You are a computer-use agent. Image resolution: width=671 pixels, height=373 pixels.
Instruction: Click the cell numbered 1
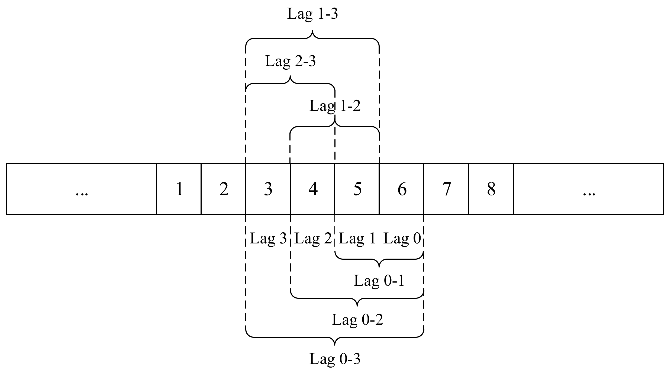tap(179, 189)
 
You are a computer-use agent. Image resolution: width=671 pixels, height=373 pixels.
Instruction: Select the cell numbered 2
tap(223, 189)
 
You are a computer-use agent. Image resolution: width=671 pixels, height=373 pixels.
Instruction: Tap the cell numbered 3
tap(268, 189)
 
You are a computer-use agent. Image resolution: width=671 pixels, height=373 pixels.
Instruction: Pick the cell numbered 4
tap(312, 189)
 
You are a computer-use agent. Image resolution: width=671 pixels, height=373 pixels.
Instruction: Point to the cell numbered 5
tap(357, 189)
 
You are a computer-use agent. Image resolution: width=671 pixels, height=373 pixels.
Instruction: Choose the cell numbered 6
tap(402, 189)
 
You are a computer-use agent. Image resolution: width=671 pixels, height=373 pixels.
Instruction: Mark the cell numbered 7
tap(446, 189)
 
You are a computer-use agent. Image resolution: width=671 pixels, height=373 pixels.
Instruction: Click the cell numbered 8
tap(491, 189)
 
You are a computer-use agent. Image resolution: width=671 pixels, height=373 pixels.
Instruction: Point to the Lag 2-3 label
tap(290, 61)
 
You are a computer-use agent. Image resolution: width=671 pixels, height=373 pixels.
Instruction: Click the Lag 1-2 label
tap(335, 106)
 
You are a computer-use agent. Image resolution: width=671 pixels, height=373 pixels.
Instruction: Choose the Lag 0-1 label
tap(379, 281)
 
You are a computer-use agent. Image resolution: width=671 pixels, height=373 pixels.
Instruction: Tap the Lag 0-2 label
tap(357, 320)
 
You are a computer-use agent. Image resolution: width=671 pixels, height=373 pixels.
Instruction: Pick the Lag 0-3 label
tap(335, 359)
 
